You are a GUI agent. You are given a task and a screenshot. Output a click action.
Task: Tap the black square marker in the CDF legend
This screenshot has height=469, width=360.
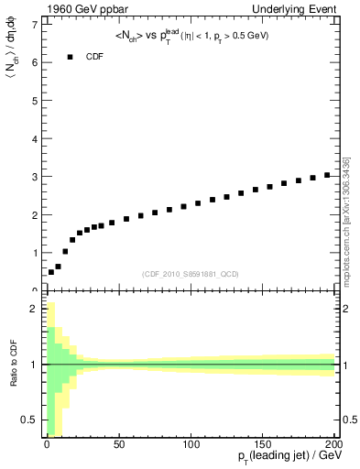70,57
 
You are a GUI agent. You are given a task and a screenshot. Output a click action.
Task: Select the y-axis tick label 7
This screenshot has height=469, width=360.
34,25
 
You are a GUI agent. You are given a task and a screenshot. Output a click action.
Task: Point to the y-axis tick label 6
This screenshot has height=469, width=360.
34,62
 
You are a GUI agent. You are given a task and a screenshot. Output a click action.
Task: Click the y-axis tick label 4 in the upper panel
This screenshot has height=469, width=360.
34,138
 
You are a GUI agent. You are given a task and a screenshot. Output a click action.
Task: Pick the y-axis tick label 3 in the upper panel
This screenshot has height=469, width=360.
34,177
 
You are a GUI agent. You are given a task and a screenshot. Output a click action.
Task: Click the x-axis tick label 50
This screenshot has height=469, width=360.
118,445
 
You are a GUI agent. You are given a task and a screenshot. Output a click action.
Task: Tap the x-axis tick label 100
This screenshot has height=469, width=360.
191,445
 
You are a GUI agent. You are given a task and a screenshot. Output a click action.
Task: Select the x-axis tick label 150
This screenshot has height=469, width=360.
264,445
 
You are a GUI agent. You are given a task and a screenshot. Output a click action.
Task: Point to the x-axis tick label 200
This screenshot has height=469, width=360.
335,445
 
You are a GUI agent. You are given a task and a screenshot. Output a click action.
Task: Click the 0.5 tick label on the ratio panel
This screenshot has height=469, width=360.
31,420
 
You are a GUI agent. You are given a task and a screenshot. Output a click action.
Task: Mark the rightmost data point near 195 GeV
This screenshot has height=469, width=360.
327,174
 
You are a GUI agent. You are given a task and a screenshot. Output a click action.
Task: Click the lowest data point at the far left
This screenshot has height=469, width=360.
50,272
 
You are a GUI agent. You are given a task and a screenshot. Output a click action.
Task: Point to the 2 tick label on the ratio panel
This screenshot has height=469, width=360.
34,310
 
